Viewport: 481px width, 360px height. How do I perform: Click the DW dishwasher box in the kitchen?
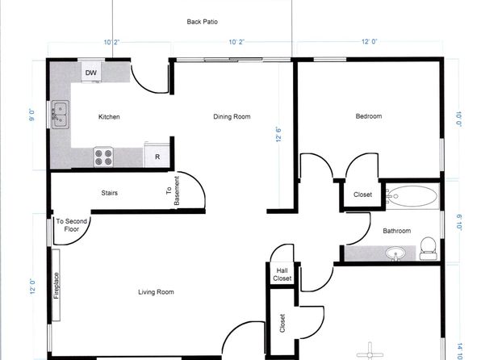[x=91, y=72]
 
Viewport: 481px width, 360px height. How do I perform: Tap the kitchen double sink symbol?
[x=60, y=115]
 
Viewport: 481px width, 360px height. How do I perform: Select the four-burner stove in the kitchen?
[x=103, y=157]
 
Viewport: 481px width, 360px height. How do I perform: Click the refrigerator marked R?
[x=157, y=156]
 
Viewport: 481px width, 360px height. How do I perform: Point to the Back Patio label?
[x=202, y=22]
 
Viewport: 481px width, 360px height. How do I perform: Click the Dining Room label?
[x=232, y=116]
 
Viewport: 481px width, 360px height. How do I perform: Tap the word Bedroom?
[x=369, y=116]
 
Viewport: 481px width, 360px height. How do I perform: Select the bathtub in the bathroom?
[x=412, y=196]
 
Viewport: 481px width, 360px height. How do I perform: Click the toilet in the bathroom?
[x=429, y=249]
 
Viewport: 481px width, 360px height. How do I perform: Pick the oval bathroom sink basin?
[x=395, y=253]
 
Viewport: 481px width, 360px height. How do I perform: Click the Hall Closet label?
[x=282, y=274]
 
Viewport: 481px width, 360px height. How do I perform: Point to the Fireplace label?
[x=56, y=286]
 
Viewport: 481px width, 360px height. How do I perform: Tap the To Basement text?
[x=173, y=190]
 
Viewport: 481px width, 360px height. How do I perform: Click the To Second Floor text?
[x=72, y=225]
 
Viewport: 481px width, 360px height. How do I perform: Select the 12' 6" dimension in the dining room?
[x=278, y=134]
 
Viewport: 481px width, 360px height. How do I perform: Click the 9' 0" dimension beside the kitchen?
[x=32, y=115]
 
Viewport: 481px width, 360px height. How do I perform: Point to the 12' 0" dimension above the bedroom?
[x=369, y=41]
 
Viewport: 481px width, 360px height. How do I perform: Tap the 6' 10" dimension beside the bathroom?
[x=459, y=222]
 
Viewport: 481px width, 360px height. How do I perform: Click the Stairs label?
[x=110, y=193]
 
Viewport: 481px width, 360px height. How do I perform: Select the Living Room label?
[x=156, y=292]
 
